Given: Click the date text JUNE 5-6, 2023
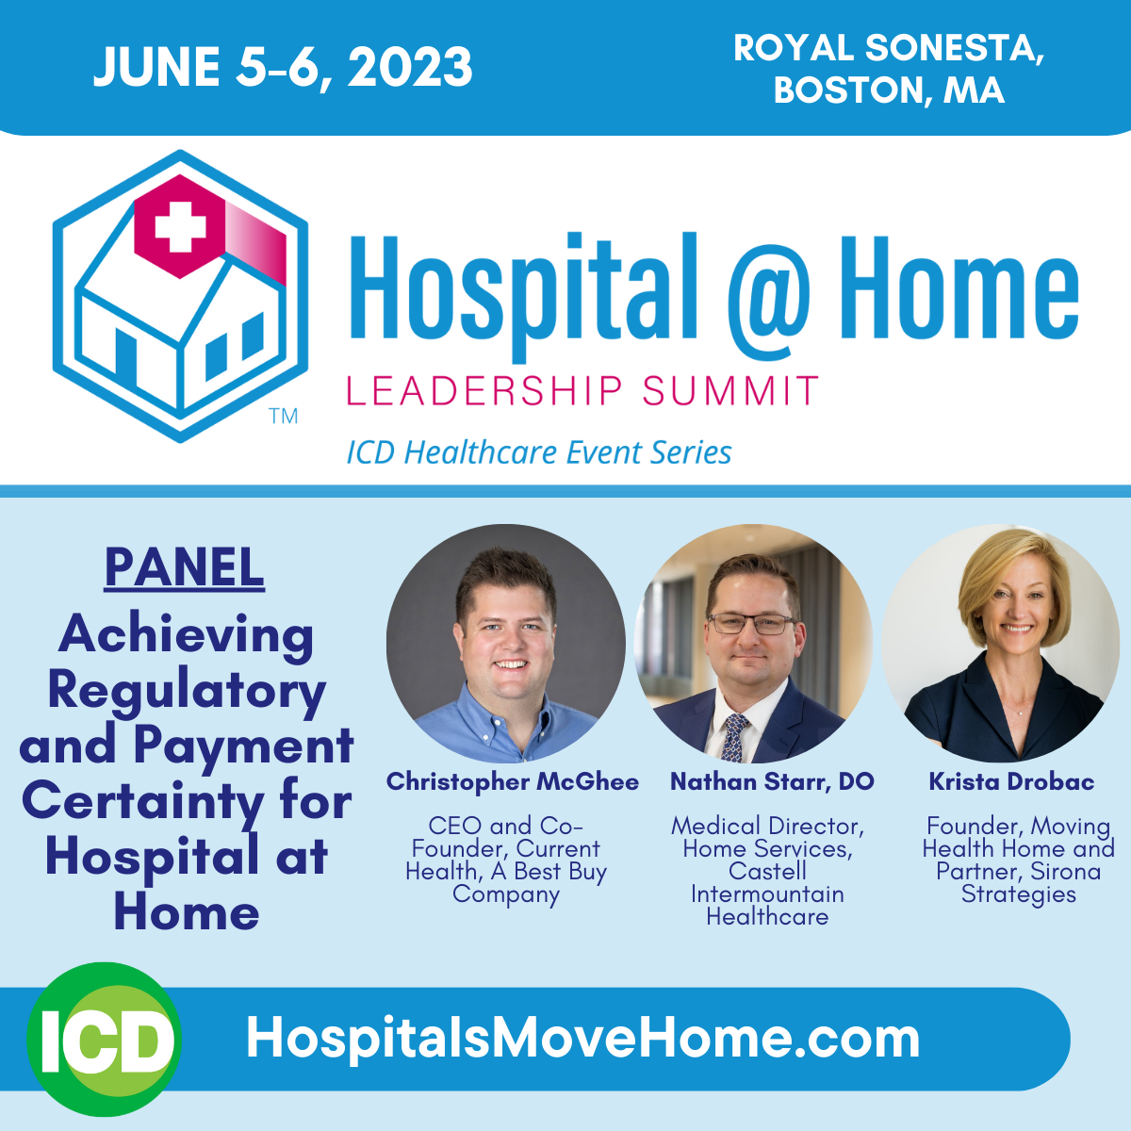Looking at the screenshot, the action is (283, 68).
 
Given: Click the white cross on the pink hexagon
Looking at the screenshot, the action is (180, 226).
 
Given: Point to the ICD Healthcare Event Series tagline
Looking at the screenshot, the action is (539, 452).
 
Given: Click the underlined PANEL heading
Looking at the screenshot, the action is (185, 567).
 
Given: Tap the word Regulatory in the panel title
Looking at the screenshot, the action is (187, 693).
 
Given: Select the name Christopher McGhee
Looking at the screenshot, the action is (513, 781).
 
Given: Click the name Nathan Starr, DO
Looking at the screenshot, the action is (773, 781).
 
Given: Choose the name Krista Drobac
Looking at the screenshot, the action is (1011, 781).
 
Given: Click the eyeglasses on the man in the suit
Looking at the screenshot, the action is (753, 624).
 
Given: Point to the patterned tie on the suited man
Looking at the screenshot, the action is (733, 737).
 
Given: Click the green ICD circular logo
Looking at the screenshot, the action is (104, 1040).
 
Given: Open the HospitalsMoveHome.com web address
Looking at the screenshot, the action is (582, 1040).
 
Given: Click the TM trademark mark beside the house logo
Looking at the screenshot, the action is (284, 417).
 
